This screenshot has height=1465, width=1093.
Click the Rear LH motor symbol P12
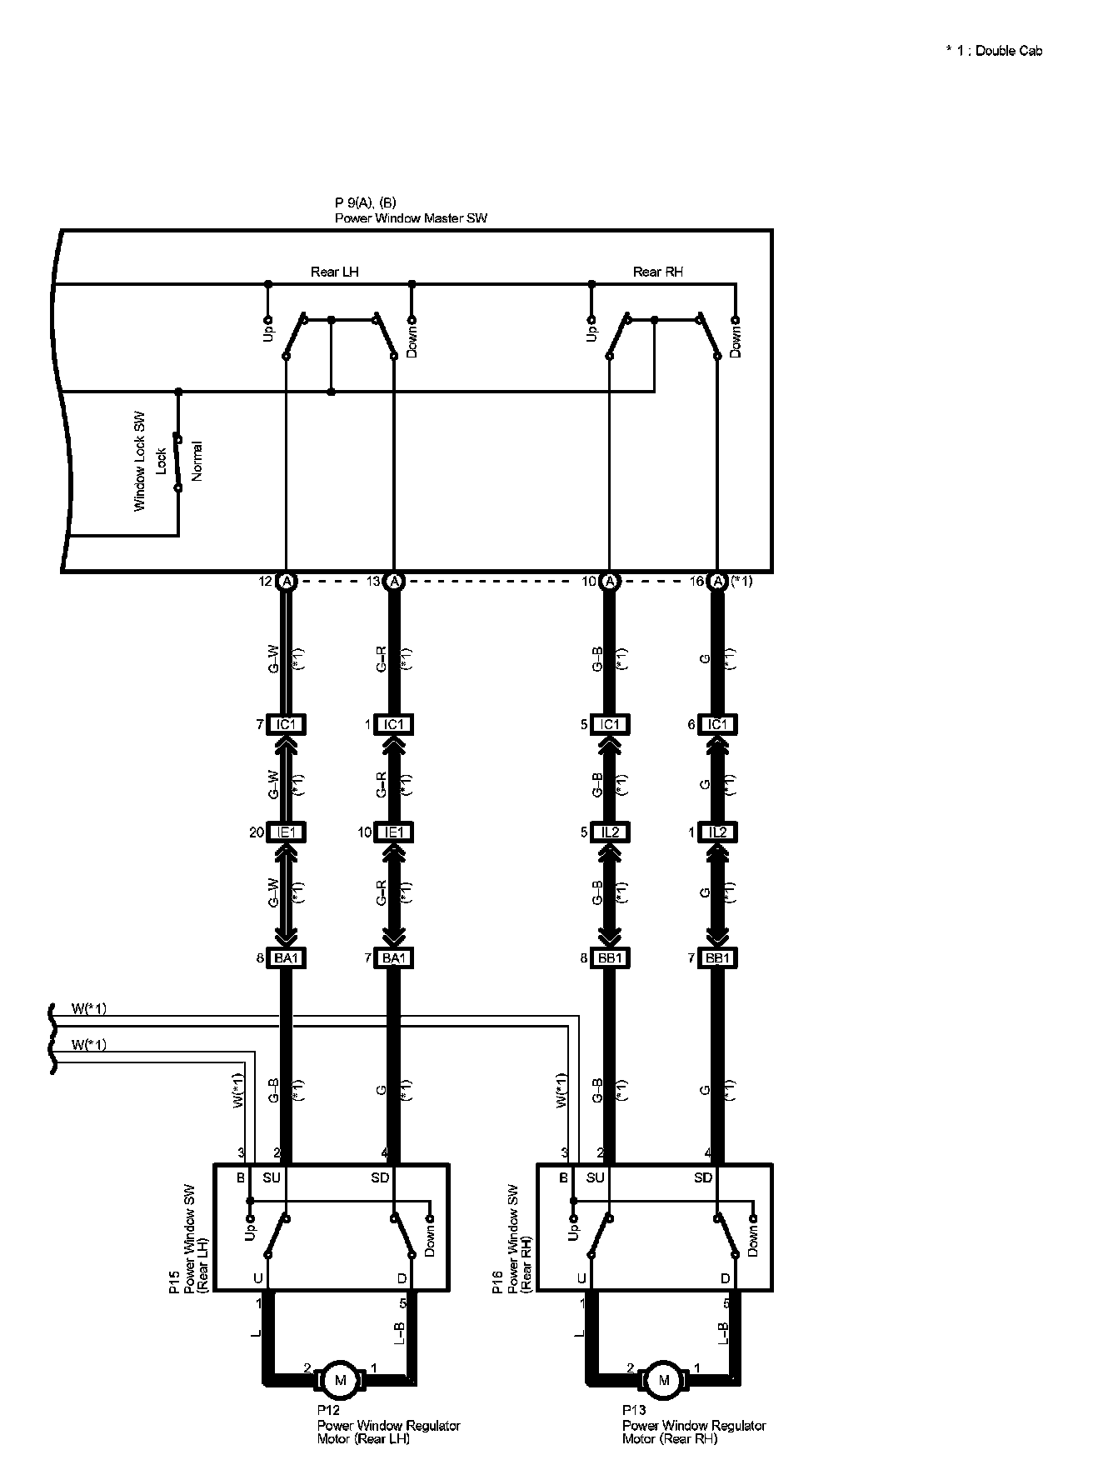tap(339, 1380)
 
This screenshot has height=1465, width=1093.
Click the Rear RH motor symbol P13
tap(663, 1380)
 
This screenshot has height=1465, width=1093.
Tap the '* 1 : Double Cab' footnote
tap(993, 51)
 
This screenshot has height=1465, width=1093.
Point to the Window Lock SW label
tap(140, 460)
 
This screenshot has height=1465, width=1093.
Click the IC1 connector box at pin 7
tap(286, 725)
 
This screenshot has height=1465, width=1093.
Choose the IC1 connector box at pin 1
tap(394, 725)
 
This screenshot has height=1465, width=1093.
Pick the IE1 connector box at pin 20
tap(286, 832)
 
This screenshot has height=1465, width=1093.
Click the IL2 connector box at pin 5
tap(610, 832)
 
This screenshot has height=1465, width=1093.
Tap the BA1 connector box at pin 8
tap(286, 958)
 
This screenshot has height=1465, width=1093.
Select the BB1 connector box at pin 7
tap(717, 958)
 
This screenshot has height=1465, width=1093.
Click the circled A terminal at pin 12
tap(286, 581)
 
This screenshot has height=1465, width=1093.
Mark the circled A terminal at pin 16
tap(717, 581)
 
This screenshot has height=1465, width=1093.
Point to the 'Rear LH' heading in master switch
tap(335, 272)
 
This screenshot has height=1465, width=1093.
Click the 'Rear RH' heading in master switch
tap(658, 272)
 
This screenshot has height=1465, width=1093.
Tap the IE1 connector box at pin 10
tap(394, 832)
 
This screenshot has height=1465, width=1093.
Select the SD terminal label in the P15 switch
tap(380, 1177)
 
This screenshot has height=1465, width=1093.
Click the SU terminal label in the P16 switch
tap(595, 1177)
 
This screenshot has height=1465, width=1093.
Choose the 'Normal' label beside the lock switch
tap(197, 460)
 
